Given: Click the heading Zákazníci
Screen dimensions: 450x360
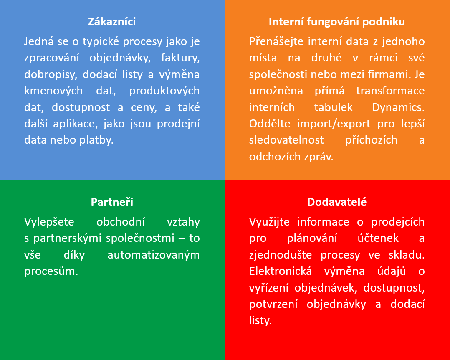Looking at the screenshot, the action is [112, 22].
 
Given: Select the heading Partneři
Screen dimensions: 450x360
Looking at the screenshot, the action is [112, 202].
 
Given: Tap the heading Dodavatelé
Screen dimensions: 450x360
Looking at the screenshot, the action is [337, 202].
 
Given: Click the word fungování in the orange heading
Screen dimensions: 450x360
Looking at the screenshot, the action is [333, 22].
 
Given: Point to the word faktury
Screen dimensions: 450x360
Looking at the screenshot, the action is [180, 58].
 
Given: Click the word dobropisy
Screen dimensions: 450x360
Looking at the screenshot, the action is [51, 75].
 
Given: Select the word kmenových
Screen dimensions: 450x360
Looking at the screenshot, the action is [53, 91].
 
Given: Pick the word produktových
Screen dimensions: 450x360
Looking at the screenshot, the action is [164, 91].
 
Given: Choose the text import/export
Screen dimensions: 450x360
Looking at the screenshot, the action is [334, 124].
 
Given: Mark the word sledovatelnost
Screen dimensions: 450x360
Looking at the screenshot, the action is [286, 140].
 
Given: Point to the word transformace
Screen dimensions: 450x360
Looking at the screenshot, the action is [390, 91].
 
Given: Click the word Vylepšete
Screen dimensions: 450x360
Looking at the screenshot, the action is [49, 222].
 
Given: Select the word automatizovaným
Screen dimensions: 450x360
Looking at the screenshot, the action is [154, 255].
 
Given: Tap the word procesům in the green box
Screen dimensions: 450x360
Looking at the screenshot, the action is [51, 271].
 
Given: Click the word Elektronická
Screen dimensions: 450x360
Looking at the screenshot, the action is [281, 271].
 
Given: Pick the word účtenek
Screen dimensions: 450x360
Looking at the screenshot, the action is [378, 238].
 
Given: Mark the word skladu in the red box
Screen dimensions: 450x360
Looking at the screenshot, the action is [407, 255].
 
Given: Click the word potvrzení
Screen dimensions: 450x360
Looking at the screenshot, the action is [273, 304].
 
